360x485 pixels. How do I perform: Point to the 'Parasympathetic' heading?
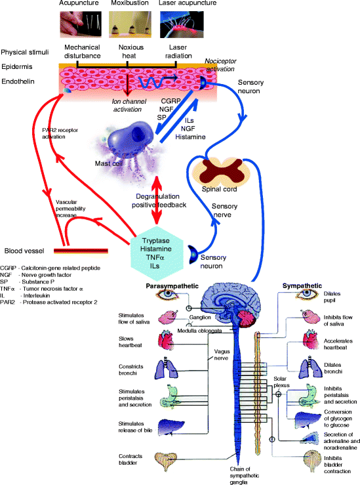tap(172, 286)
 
